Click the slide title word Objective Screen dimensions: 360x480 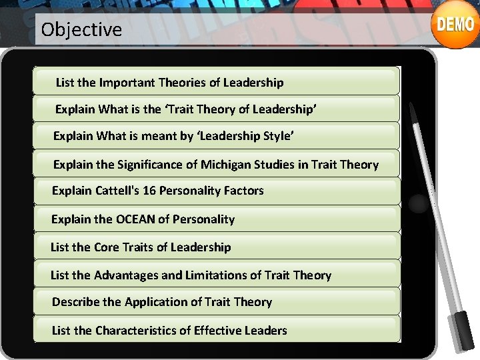click(x=81, y=29)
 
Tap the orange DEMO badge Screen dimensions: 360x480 click(x=455, y=25)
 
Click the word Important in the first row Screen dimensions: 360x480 click(x=126, y=83)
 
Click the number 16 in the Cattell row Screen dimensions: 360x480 click(x=149, y=191)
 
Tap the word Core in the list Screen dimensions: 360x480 click(x=106, y=247)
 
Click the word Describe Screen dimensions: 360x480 click(x=76, y=302)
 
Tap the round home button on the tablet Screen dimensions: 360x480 click(x=418, y=203)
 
